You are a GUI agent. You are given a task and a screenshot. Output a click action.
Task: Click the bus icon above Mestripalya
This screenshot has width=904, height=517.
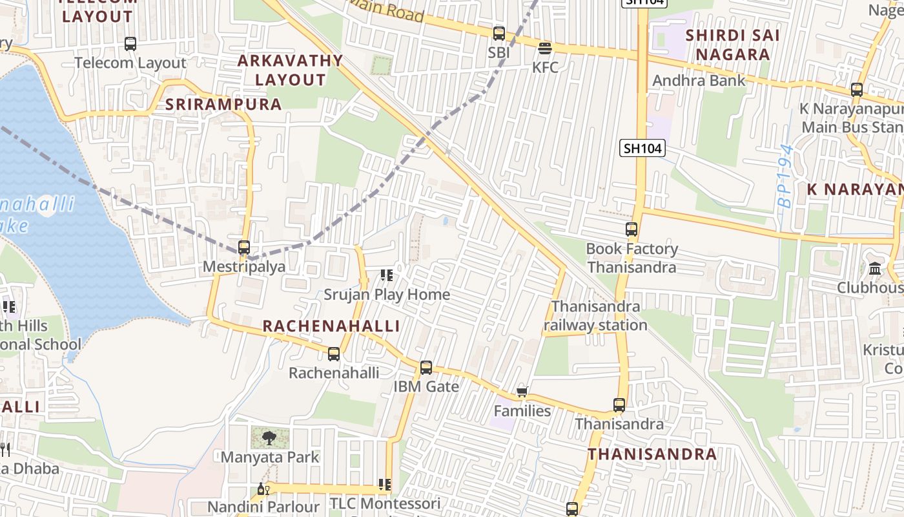pyautogui.click(x=244, y=248)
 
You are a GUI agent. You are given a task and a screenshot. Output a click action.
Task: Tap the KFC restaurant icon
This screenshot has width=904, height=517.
pyautogui.click(x=545, y=48)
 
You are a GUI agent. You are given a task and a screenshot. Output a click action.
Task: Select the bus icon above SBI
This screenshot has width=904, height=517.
pyautogui.click(x=499, y=34)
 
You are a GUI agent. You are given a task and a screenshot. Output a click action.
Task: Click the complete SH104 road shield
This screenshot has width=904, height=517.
pyautogui.click(x=642, y=149)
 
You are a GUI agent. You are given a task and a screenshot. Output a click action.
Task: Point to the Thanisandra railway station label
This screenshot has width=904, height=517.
pyautogui.click(x=595, y=315)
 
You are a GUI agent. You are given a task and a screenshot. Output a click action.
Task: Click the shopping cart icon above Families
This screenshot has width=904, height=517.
pyautogui.click(x=522, y=392)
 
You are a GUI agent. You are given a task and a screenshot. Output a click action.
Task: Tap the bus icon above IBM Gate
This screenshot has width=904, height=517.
pyautogui.click(x=426, y=368)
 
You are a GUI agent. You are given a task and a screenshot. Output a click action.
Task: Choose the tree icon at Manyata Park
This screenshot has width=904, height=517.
pyautogui.click(x=269, y=439)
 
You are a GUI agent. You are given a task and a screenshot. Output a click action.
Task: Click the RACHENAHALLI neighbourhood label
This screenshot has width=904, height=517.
pyautogui.click(x=331, y=326)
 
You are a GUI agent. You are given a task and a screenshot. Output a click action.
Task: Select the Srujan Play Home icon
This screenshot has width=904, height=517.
pyautogui.click(x=387, y=276)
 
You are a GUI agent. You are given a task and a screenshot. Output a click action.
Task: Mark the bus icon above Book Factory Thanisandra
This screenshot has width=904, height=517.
pyautogui.click(x=632, y=229)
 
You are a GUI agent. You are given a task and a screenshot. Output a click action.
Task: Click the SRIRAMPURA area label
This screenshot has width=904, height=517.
pyautogui.click(x=223, y=104)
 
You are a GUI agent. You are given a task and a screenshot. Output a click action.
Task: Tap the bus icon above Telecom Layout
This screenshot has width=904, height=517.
pyautogui.click(x=130, y=44)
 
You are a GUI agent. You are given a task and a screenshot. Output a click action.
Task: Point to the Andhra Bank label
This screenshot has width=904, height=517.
pyautogui.click(x=699, y=81)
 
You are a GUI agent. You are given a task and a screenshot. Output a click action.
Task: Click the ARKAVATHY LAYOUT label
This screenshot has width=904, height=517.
pyautogui.click(x=290, y=70)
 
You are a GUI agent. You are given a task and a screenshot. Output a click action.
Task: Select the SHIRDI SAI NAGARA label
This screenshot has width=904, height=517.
pyautogui.click(x=733, y=45)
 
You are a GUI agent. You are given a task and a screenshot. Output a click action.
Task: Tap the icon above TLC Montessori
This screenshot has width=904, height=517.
pyautogui.click(x=385, y=485)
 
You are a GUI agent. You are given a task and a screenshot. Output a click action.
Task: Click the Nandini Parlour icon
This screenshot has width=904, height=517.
pyautogui.click(x=263, y=489)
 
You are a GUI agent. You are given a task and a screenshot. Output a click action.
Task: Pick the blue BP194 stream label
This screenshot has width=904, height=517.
pyautogui.click(x=785, y=176)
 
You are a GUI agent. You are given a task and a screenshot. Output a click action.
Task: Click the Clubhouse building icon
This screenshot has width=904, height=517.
pyautogui.click(x=876, y=268)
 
